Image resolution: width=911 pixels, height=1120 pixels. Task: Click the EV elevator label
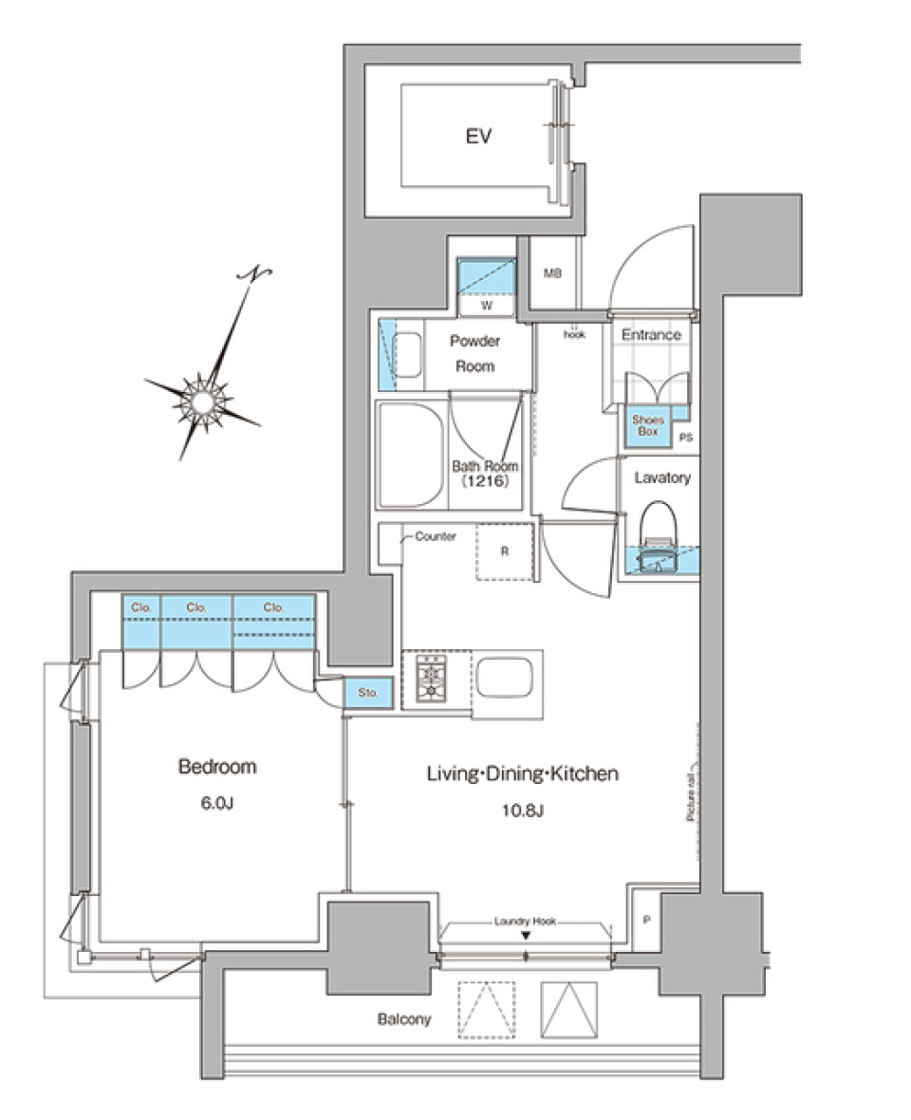tap(478, 138)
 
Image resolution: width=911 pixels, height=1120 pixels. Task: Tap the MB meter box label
tap(552, 274)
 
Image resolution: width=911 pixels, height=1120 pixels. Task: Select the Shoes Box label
tap(648, 425)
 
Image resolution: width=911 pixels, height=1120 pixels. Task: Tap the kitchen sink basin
tap(507, 679)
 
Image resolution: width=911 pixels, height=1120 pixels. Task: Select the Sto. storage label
tap(368, 694)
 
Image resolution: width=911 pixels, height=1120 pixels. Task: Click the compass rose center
tap(203, 400)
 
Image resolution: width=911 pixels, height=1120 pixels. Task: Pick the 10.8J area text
tap(521, 810)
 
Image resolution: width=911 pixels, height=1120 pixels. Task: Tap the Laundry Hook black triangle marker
tap(525, 937)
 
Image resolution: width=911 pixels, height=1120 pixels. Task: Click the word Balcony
tap(404, 1019)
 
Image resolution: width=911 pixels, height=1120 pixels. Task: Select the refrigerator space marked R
tap(504, 550)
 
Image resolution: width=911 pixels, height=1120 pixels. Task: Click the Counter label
tap(436, 536)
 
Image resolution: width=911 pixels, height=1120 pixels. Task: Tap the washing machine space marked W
tap(486, 306)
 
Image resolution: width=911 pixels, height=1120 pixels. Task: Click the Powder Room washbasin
tap(407, 356)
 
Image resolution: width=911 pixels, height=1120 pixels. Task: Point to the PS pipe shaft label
tap(685, 439)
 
